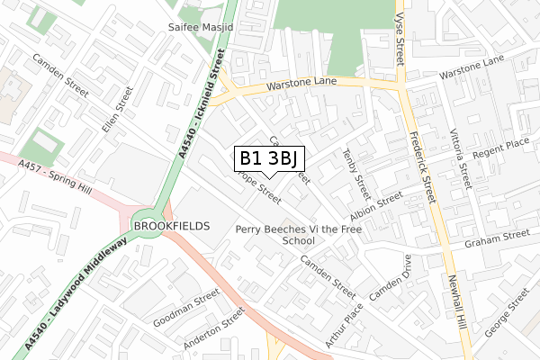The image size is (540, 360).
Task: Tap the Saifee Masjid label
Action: pos(201,29)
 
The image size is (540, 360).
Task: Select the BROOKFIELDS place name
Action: pos(170,225)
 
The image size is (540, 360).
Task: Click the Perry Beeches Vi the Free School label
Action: pos(298,235)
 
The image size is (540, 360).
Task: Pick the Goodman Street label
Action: pos(187,307)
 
